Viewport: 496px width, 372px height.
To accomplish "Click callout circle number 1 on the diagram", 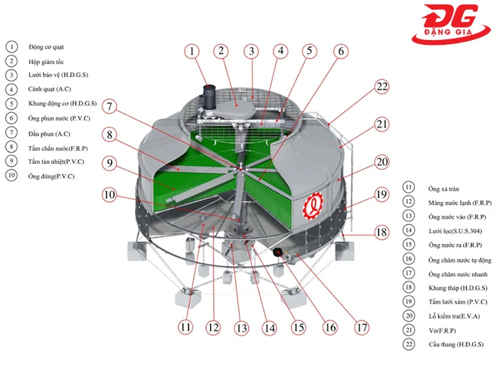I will [x=193, y=51].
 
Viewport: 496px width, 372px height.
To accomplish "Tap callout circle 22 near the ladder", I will [x=382, y=87].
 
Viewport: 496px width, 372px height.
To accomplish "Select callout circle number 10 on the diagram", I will [x=110, y=194].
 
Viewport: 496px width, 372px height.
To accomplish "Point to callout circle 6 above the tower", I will [x=340, y=51].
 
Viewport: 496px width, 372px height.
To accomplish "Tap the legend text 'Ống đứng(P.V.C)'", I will [x=51, y=176].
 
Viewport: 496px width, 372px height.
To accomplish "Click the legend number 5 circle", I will [x=11, y=104].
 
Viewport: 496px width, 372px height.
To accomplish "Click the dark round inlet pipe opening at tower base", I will [x=280, y=252].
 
